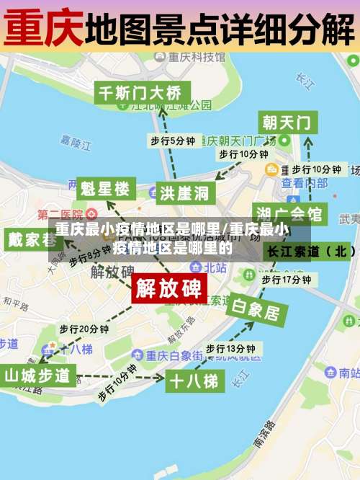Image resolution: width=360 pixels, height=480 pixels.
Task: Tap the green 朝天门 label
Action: click(x=287, y=122)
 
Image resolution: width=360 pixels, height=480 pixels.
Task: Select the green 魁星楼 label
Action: click(x=105, y=190)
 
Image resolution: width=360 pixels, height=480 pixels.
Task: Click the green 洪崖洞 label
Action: click(x=184, y=193)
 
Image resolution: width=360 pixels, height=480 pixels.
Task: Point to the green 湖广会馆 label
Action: click(x=290, y=214)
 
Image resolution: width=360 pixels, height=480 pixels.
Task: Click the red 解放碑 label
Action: click(x=169, y=289)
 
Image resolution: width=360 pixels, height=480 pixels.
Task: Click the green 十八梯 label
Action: click(x=193, y=381)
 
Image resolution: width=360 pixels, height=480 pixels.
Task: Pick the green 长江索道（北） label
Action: click(x=310, y=252)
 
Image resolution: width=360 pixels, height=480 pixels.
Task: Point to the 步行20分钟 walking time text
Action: click(x=84, y=329)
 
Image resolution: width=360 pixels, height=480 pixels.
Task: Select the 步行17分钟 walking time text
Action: click(x=286, y=279)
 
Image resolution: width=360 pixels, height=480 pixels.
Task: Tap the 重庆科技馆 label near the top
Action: click(x=202, y=56)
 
